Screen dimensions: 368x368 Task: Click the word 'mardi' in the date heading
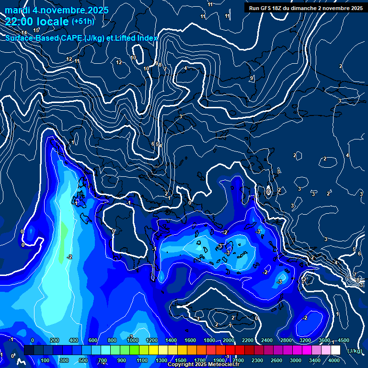[18, 10]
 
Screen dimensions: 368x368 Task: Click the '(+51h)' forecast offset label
[83, 21]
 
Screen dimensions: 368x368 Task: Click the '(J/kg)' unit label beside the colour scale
[354, 351]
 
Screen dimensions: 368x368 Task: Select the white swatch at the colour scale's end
[335, 350]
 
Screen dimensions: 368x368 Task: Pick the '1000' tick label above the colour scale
[133, 340]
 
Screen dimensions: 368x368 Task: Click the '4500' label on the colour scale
[343, 340]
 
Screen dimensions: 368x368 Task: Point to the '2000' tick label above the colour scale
[228, 340]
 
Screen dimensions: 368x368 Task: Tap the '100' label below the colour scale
[46, 360]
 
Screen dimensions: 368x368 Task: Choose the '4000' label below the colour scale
[334, 360]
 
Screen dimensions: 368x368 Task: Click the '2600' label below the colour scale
[276, 360]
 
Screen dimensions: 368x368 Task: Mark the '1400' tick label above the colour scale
[171, 340]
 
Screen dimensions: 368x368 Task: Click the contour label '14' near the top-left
[24, 33]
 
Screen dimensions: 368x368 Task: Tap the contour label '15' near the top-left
[36, 30]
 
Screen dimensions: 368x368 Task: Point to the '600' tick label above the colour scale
[94, 340]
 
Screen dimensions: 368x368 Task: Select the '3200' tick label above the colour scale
[305, 340]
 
